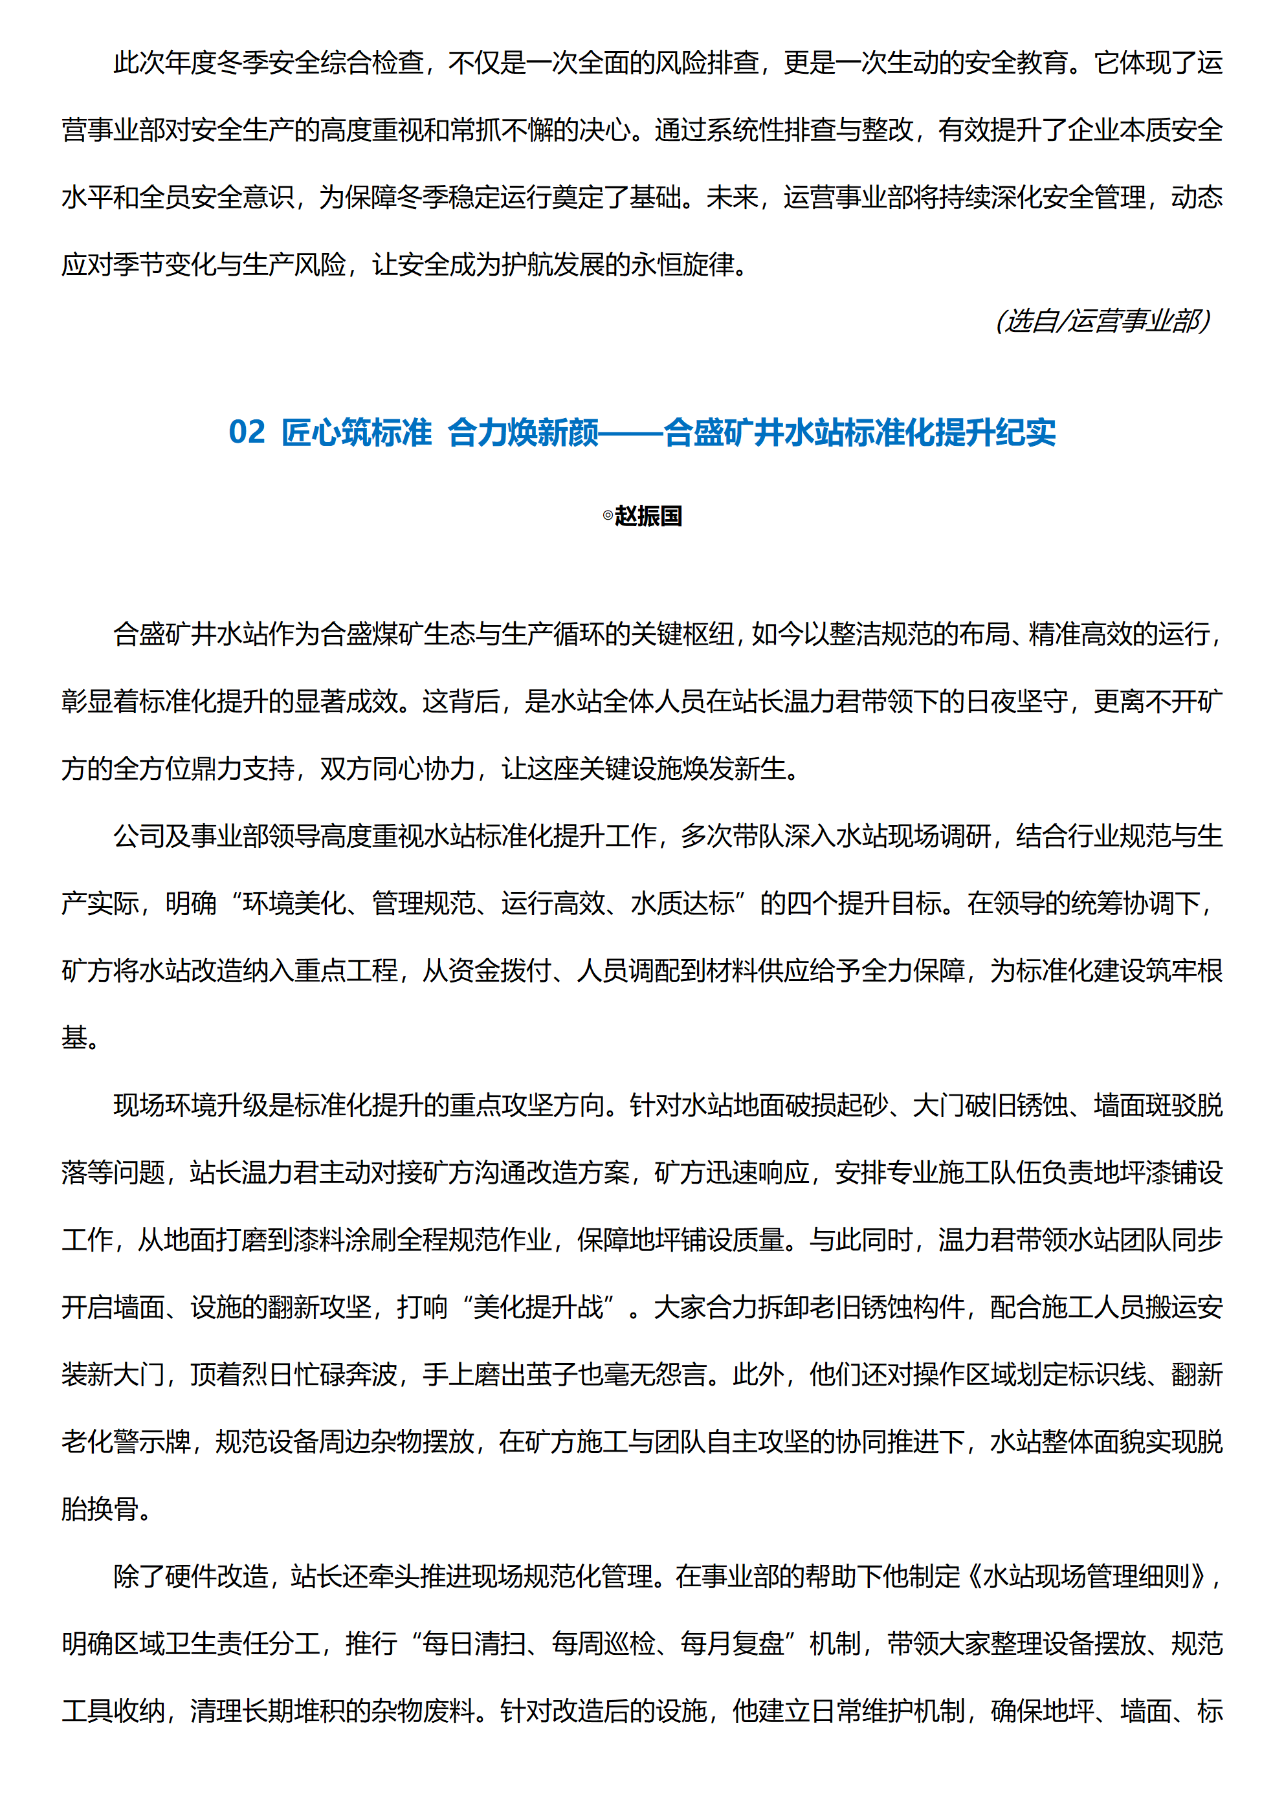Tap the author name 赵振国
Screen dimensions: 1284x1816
(648, 516)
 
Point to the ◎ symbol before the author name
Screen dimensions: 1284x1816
(608, 516)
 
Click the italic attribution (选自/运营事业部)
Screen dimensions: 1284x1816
(1103, 320)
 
